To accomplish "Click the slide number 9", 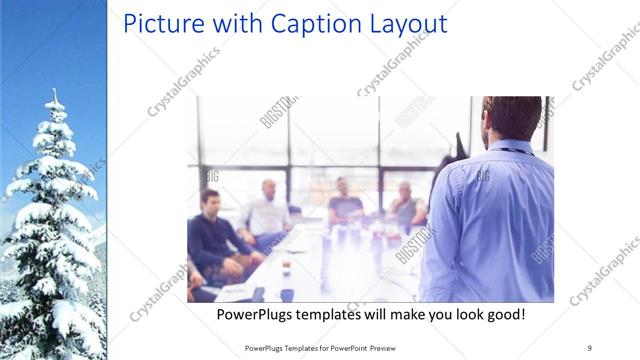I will [590, 347].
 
